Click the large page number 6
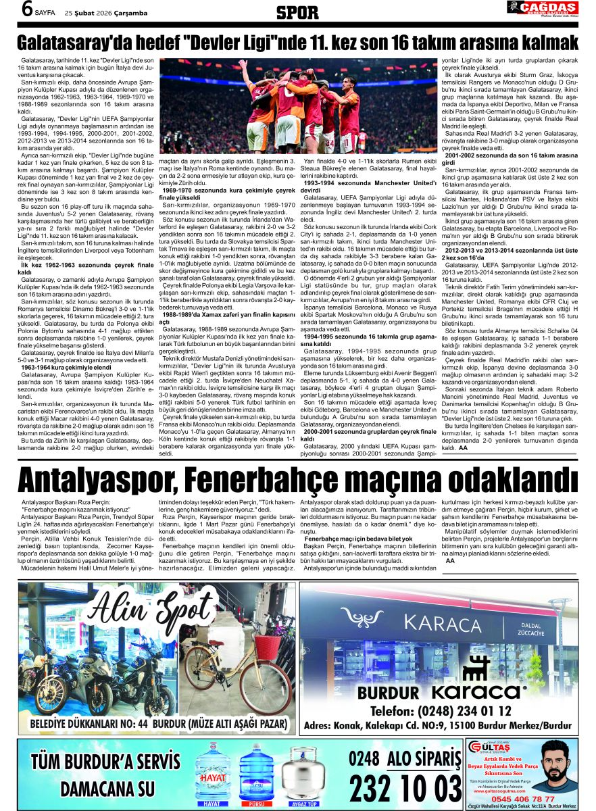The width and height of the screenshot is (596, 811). click(x=27, y=9)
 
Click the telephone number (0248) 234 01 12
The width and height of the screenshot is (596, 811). click(x=441, y=712)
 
